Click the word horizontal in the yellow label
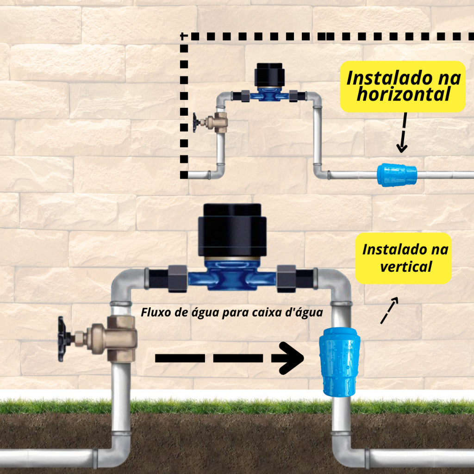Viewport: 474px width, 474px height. [x=403, y=95]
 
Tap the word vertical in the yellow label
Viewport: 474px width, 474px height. [x=405, y=267]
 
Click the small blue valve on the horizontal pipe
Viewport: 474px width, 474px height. [x=397, y=175]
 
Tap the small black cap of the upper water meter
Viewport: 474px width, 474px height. [x=269, y=75]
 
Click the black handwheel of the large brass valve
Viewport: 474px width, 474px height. [x=62, y=338]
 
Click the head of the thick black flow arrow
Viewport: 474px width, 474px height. [x=289, y=358]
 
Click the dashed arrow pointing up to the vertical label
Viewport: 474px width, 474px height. [x=389, y=311]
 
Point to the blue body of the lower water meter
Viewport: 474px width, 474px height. [x=232, y=276]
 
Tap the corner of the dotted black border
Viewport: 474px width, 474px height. [x=184, y=36]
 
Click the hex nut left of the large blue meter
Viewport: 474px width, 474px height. [x=177, y=278]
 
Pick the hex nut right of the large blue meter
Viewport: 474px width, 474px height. [x=286, y=278]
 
